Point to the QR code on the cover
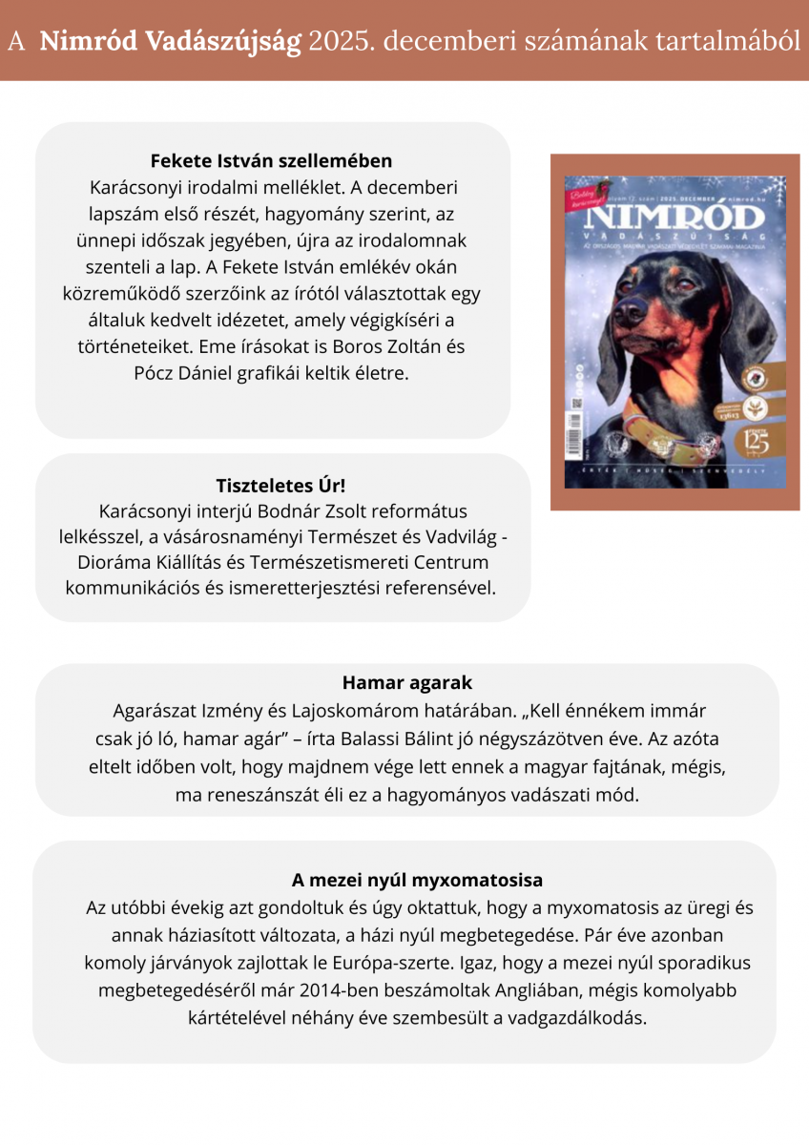(x=576, y=401)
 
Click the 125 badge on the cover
(x=757, y=442)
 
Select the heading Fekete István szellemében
(x=272, y=160)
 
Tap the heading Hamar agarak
(x=406, y=683)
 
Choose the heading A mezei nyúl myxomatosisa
(x=404, y=880)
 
